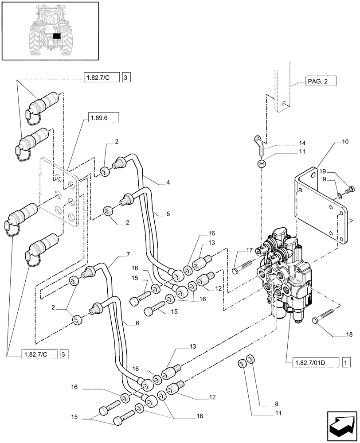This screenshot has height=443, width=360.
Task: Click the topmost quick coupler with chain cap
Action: click(42, 106)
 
